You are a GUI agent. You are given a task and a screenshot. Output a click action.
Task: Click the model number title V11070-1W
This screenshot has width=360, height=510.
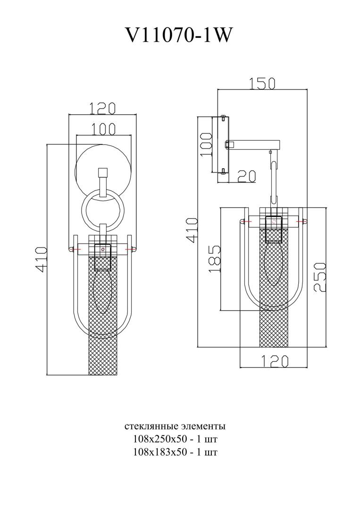179,35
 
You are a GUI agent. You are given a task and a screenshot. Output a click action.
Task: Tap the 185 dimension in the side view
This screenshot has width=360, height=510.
214,259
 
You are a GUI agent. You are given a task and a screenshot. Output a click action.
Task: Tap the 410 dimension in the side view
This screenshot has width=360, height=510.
192,230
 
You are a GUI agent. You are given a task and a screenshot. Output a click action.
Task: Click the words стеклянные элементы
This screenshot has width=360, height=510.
175,426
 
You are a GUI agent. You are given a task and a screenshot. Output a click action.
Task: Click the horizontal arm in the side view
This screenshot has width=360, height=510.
255,144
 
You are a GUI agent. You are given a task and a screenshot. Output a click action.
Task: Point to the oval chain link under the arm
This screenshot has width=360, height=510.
273,179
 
